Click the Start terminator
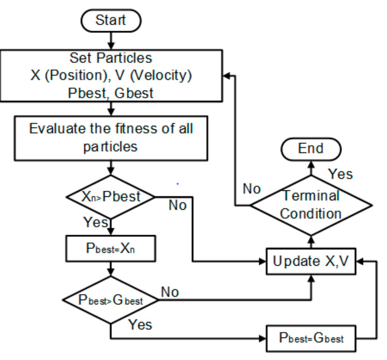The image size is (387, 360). click(111, 21)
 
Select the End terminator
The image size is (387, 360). click(311, 149)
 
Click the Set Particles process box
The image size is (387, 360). click(111, 75)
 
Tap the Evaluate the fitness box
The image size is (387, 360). click(111, 138)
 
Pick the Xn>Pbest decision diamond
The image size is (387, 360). click(111, 197)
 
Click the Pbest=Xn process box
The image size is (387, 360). click(111, 249)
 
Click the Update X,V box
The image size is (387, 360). click(311, 261)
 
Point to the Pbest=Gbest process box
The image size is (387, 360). click(311, 339)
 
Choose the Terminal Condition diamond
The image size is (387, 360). click(311, 205)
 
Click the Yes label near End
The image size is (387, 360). click(340, 174)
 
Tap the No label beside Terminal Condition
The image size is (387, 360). click(251, 189)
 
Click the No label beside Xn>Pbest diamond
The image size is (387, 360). click(178, 205)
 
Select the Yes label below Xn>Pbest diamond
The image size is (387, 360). click(95, 222)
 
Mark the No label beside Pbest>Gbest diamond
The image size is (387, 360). click(170, 292)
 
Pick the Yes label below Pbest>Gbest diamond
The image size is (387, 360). click(140, 325)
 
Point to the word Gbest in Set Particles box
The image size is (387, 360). click(134, 93)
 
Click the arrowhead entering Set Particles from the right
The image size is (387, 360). click(227, 75)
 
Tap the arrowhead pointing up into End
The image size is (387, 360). click(311, 164)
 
